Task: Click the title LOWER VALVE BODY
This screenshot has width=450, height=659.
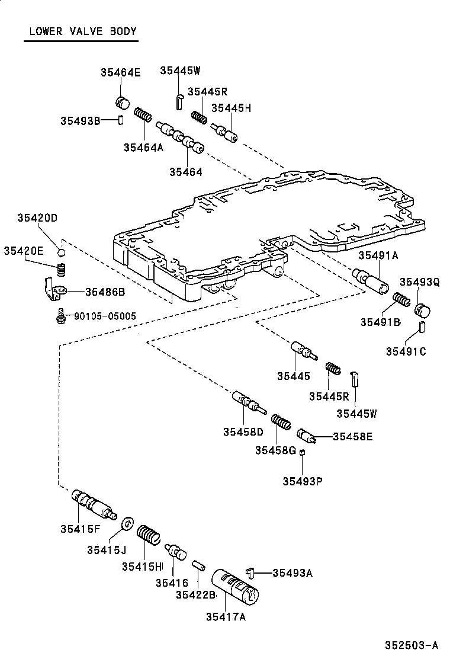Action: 83,31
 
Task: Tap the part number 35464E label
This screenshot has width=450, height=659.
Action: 120,72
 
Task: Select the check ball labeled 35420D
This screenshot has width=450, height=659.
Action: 62,252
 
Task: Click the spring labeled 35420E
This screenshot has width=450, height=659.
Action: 62,270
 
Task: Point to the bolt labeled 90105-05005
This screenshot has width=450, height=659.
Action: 62,316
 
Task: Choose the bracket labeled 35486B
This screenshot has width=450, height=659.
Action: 54,290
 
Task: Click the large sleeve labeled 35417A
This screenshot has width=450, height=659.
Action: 235,587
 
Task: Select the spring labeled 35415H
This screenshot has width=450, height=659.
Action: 149,536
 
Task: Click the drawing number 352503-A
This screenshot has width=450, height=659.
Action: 412,645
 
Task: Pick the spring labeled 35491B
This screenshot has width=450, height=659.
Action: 401,300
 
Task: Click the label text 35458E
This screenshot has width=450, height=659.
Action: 353,437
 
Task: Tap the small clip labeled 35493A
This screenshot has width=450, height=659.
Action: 251,572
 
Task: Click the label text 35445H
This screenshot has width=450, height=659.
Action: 231,108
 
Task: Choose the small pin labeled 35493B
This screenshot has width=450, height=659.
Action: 120,120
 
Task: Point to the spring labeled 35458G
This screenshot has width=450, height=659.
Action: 281,422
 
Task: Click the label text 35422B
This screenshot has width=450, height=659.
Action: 195,594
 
